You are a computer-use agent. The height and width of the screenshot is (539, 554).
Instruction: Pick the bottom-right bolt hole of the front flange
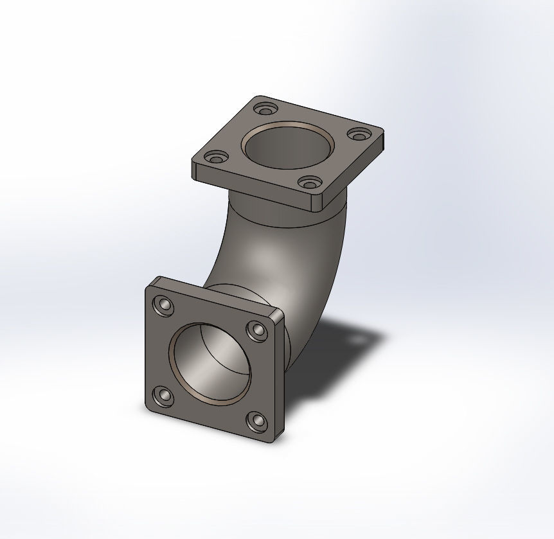[258, 421]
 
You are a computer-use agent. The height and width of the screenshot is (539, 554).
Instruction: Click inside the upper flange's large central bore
[287, 147]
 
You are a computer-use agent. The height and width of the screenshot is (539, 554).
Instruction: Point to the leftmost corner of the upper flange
[193, 164]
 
